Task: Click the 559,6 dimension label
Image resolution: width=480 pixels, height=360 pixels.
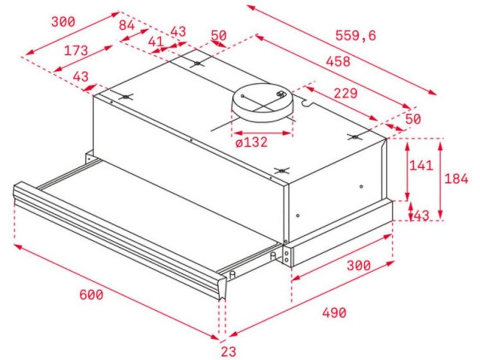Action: (x=356, y=35)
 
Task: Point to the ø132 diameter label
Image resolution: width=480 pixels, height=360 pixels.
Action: (x=252, y=142)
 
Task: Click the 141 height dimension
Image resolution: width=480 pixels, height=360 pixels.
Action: (x=421, y=165)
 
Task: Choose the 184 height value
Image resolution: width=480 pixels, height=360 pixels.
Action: (x=456, y=179)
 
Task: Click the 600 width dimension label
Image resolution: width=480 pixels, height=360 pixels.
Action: (x=91, y=294)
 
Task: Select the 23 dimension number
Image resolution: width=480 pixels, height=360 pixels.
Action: (x=228, y=351)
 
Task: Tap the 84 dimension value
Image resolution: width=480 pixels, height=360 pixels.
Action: (x=126, y=25)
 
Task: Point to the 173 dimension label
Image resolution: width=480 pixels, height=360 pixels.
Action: (x=76, y=51)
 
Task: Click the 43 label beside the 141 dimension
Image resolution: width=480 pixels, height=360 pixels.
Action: (x=421, y=215)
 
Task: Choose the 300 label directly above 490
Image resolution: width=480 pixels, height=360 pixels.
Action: (x=359, y=265)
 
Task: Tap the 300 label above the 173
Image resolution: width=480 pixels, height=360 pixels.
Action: (x=63, y=22)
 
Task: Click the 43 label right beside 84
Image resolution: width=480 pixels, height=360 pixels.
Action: (x=178, y=31)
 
